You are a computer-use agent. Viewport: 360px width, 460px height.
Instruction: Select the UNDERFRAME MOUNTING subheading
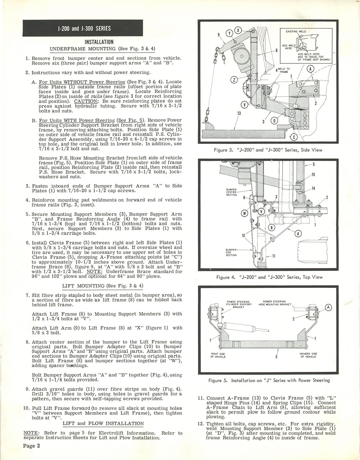(x=103, y=49)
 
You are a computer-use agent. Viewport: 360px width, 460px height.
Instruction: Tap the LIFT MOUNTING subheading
(x=103, y=286)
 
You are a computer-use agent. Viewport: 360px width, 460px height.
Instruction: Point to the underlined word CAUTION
(x=85, y=102)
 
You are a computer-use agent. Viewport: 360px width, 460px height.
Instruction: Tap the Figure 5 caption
(x=269, y=380)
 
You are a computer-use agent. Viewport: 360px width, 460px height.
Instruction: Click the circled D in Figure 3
(x=274, y=120)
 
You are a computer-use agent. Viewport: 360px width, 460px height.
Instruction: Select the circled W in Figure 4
(x=244, y=213)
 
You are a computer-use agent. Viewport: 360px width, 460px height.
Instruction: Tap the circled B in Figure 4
(x=271, y=227)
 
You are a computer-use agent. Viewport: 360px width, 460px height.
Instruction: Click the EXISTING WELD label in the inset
(x=296, y=32)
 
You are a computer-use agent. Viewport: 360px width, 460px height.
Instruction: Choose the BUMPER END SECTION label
(x=231, y=252)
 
